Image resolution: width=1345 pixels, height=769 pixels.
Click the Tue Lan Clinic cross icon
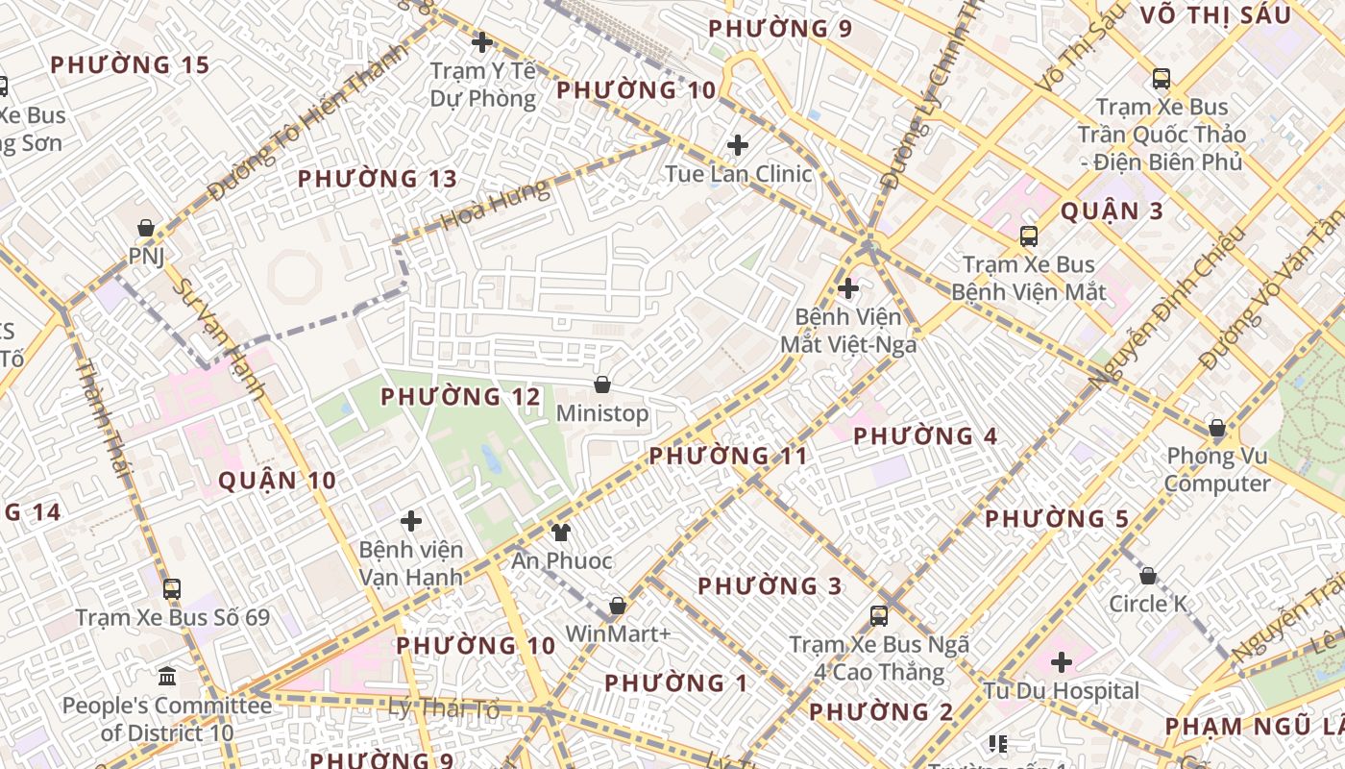pos(738,145)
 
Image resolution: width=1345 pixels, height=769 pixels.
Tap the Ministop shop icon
pos(602,384)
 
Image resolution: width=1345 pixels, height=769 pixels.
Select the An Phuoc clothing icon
pos(561,532)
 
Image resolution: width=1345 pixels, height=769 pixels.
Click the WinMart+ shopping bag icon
pos(618,606)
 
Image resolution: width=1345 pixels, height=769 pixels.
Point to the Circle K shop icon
pos(1147,576)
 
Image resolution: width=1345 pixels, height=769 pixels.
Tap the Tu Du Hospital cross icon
pos(1062,662)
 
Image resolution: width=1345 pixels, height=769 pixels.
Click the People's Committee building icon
pos(167,677)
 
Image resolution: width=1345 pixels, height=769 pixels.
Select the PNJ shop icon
pos(146,228)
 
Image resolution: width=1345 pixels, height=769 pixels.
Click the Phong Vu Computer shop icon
pos(1217,428)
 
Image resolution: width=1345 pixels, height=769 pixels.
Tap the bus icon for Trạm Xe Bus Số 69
pos(172,588)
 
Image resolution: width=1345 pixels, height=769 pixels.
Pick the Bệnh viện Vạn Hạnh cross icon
pos(411,521)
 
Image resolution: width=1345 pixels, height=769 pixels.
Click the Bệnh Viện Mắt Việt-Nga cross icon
pos(848,287)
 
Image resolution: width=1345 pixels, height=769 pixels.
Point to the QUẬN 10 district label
pos(277,481)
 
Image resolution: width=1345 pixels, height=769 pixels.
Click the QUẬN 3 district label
pos(1112,211)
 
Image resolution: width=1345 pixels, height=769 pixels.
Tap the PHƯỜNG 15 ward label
pos(130,65)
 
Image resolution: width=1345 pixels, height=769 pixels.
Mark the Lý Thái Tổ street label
pos(444,709)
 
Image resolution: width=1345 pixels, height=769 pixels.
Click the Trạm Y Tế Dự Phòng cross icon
pos(482,42)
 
